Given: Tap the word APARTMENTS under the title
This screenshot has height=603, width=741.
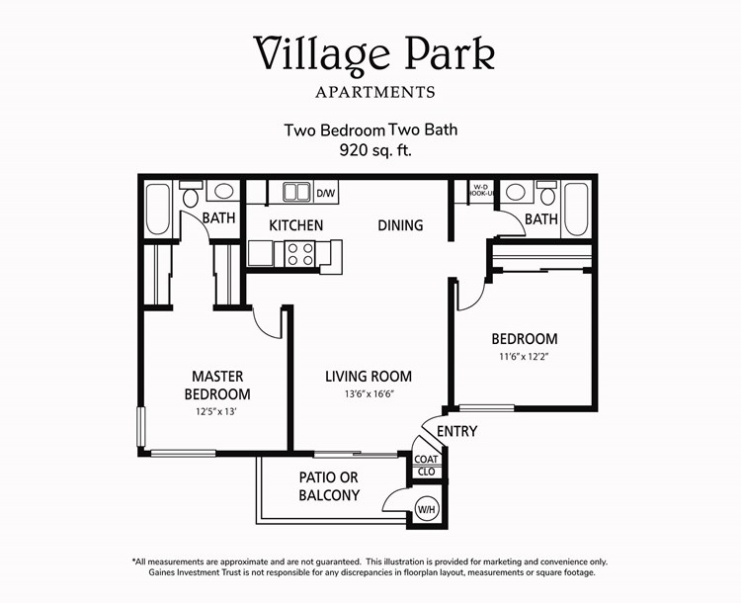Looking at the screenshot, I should pos(374,93).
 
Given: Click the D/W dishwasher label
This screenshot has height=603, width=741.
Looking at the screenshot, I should pos(325,192).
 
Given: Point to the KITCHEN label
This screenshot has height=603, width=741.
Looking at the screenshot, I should pos(295,225).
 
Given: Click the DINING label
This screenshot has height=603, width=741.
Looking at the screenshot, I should pos(400,225).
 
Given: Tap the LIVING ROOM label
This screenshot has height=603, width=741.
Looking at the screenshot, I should pos(369,377).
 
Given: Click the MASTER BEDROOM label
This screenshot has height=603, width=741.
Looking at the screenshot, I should pos(217,386).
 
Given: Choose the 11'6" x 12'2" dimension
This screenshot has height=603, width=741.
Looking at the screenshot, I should pos(524,357).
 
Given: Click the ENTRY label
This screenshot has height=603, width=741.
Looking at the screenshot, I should pos(455,431).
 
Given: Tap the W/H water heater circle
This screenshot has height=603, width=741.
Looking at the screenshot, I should pos(427,509).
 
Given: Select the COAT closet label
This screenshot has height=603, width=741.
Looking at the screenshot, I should pos(427,459).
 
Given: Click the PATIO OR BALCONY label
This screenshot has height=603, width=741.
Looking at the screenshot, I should pos(329,486).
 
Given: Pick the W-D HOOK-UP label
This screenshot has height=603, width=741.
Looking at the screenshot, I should pos(481,191).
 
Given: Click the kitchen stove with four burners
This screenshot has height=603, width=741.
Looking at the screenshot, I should pos(299,254).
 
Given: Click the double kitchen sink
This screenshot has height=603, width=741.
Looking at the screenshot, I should pos(295,191).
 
